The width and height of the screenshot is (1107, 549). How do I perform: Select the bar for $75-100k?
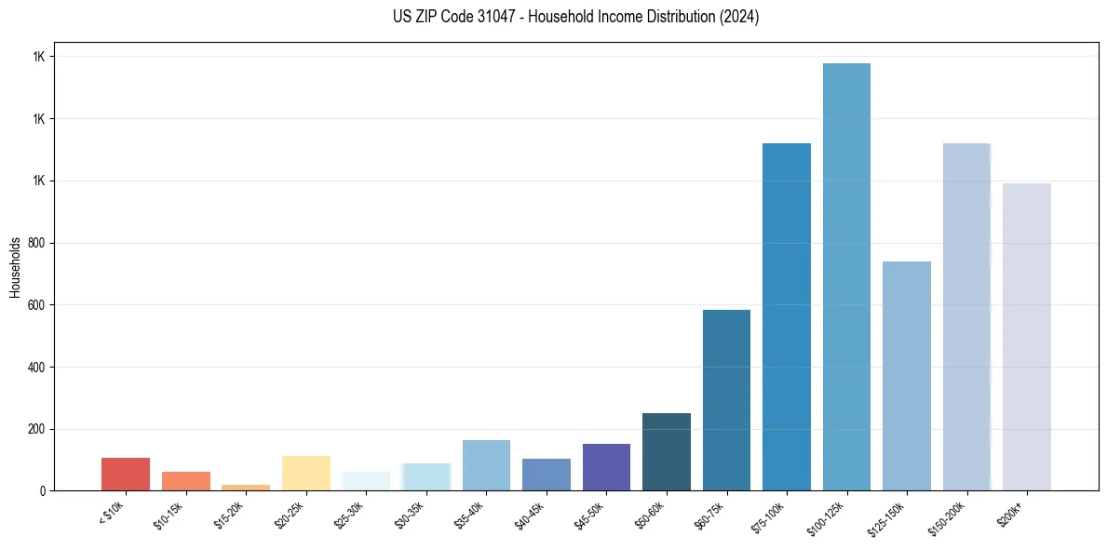tap(787, 317)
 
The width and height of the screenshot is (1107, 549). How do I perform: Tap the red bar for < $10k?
tap(126, 475)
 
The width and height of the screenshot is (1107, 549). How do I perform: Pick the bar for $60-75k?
tap(726, 400)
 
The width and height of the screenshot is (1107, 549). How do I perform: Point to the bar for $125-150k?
tap(907, 376)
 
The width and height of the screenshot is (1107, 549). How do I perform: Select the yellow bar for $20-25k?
tap(306, 474)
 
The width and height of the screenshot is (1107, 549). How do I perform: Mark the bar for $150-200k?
tap(966, 317)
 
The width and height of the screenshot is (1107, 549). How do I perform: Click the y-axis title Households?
tap(15, 267)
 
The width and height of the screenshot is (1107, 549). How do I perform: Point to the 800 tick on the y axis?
tap(39, 243)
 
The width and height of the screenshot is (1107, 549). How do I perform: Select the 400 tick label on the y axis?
tap(39, 368)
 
